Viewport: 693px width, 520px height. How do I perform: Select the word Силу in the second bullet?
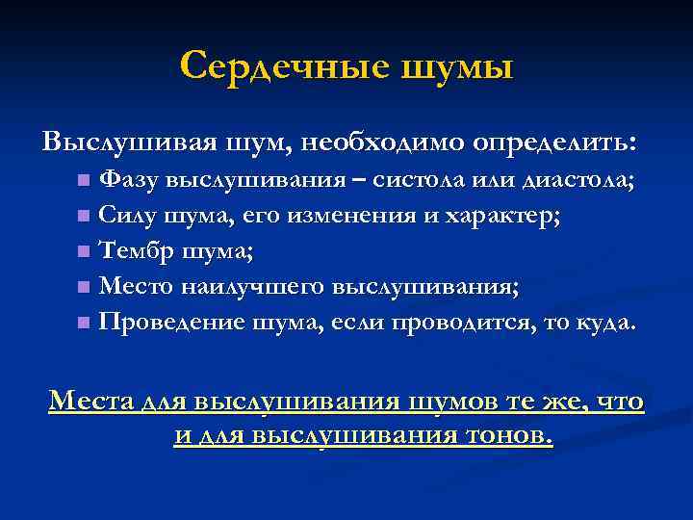[x=128, y=215]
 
